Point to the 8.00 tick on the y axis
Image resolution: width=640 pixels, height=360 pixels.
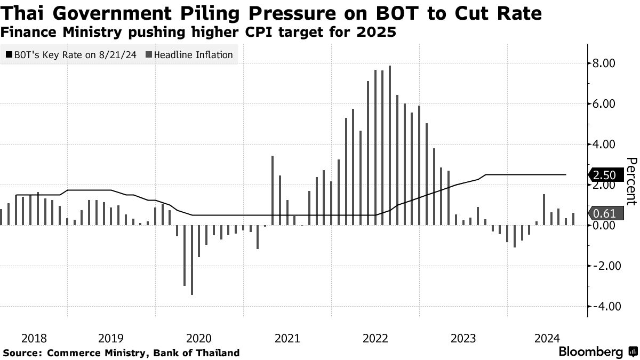[x=605, y=63]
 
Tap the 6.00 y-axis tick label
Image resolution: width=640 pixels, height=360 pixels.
[x=605, y=104]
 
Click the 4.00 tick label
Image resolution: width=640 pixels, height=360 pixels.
[x=605, y=145]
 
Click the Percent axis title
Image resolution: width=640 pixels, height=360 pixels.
[x=631, y=181]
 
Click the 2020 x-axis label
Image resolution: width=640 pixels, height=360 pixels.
[x=199, y=338]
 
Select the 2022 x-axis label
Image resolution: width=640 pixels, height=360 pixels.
[x=375, y=338]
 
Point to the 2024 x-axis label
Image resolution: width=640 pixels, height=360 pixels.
[x=547, y=338]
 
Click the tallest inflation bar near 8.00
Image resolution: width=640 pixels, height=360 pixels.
[x=390, y=145]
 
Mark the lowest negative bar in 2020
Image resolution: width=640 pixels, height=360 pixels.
[x=191, y=260]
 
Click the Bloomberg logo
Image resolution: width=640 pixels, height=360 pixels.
[x=590, y=352]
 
